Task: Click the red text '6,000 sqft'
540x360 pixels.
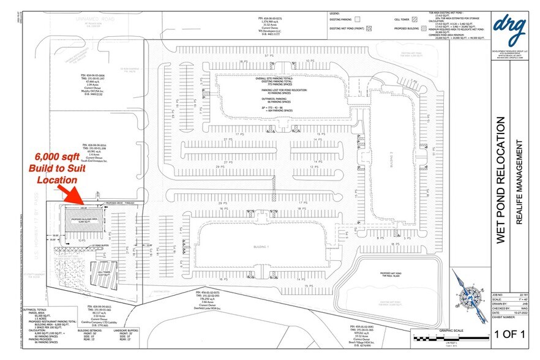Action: pyautogui.click(x=57, y=157)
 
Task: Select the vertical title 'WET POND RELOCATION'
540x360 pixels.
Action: pyautogui.click(x=500, y=181)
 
